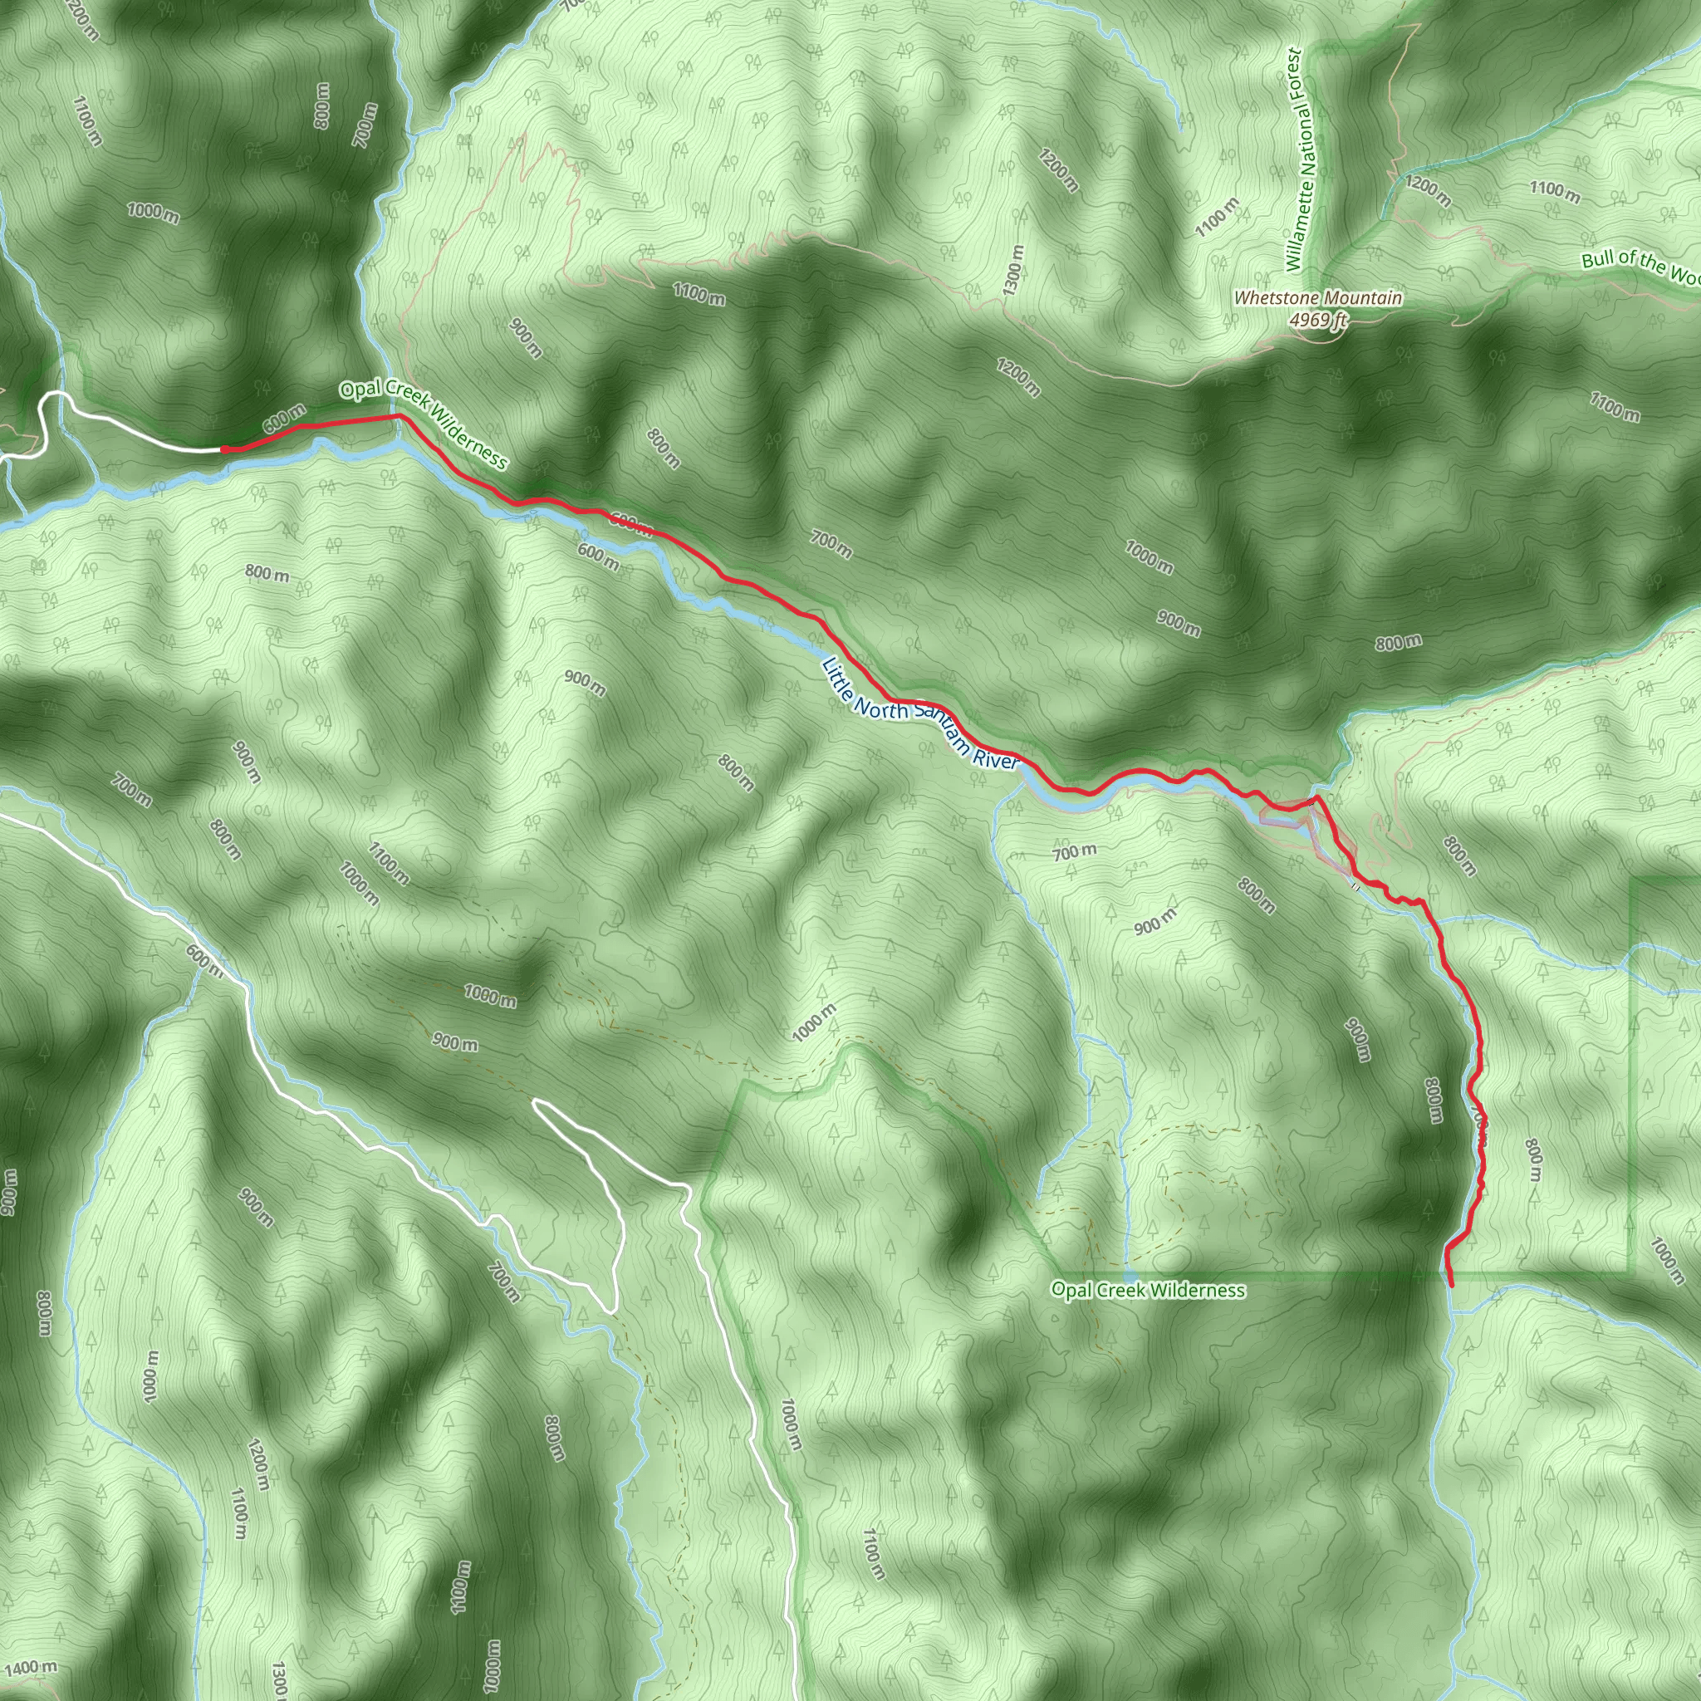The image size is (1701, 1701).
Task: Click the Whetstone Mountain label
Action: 1317,298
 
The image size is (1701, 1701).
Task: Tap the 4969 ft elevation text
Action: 1317,321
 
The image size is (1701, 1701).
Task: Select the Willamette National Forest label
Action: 1298,159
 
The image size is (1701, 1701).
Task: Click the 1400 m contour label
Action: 31,1668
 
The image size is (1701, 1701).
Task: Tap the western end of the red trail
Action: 223,449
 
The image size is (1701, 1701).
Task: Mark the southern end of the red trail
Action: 1451,1286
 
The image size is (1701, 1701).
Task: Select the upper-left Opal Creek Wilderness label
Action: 424,426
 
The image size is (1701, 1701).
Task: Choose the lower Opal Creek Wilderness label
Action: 1148,1291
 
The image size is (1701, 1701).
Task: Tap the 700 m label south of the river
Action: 1075,851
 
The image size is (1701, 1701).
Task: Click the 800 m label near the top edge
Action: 322,105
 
